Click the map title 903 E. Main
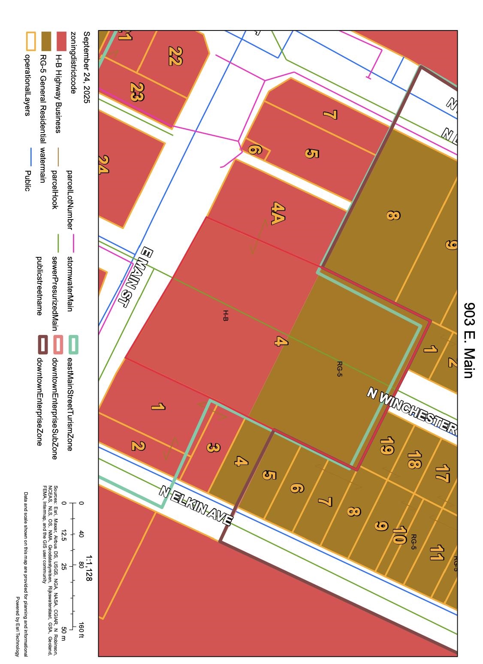[x=470, y=341]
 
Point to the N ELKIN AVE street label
[x=195, y=506]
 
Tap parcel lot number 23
[x=137, y=91]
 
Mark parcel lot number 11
[x=436, y=553]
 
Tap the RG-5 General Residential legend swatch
[x=45, y=40]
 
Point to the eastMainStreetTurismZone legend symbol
[x=73, y=345]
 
